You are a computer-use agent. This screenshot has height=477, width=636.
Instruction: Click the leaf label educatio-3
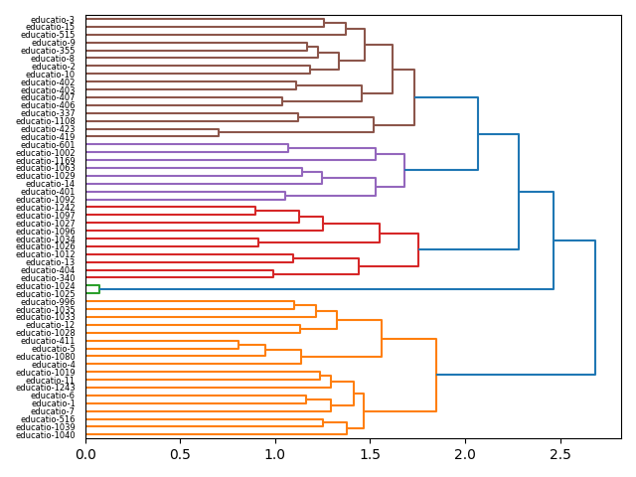coord(53,20)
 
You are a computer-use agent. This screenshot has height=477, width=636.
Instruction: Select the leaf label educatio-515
coord(48,35)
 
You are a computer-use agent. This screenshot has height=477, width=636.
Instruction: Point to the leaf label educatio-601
coord(48,145)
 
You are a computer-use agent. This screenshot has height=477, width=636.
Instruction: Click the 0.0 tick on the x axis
coord(86,453)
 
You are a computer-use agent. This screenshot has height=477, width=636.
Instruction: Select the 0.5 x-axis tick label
coord(181,453)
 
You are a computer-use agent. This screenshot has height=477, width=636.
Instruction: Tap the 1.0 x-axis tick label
coord(275,453)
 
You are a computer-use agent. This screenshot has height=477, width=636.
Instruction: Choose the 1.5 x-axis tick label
coord(371,453)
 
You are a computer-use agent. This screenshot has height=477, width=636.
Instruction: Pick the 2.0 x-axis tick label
coord(465,453)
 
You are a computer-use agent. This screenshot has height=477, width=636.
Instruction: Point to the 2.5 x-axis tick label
coord(560,453)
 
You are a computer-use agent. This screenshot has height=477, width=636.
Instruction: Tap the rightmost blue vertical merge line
coord(595,307)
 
